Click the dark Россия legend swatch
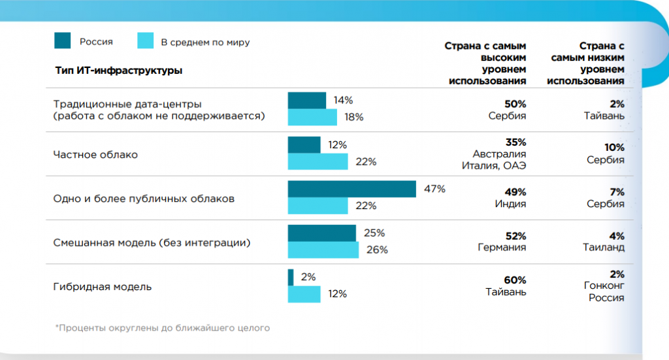click(x=62, y=41)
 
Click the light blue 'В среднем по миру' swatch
click(x=145, y=41)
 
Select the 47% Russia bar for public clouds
click(x=351, y=189)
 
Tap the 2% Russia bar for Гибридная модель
click(x=291, y=277)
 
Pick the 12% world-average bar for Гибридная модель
click(x=304, y=294)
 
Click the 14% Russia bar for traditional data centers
click(x=306, y=100)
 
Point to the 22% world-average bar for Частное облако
click(x=318, y=161)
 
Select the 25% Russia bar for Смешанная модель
click(x=321, y=233)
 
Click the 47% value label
click(x=434, y=189)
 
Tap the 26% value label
click(x=377, y=250)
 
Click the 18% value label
click(x=353, y=117)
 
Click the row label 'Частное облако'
click(x=95, y=155)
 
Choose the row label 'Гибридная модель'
click(x=102, y=286)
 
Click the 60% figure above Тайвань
click(x=515, y=279)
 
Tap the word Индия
click(x=510, y=204)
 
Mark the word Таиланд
click(x=604, y=248)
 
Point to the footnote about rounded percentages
click(x=162, y=327)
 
